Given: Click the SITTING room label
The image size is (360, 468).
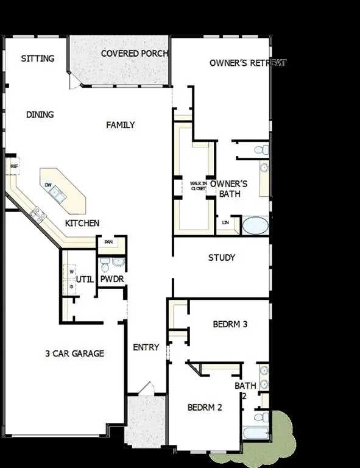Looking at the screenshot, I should [x=38, y=58].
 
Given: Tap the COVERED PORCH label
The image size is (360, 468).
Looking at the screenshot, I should [x=134, y=53].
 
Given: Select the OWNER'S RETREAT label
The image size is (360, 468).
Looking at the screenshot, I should [x=248, y=63].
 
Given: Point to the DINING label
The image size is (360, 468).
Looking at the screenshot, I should [x=40, y=114].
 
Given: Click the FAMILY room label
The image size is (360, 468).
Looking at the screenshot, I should [x=121, y=125].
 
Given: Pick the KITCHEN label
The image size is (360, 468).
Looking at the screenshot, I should [x=82, y=223].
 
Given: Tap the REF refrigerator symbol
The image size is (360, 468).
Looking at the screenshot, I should [x=14, y=166].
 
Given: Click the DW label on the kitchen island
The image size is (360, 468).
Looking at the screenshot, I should [x=48, y=184].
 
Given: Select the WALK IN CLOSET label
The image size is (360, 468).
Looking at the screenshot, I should [x=199, y=186].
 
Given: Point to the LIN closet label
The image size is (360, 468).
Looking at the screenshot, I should [x=226, y=222].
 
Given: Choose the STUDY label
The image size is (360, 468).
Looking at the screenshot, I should [x=222, y=258].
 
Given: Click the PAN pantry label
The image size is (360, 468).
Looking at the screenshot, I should [x=108, y=242].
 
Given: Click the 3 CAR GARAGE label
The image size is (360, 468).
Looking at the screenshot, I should [x=74, y=353].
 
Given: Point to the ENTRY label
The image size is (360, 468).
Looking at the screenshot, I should [x=146, y=347].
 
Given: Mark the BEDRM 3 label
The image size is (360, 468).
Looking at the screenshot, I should [x=230, y=324].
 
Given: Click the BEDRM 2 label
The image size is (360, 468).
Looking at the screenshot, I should [x=205, y=408].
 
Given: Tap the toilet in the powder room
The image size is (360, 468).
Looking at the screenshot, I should [x=105, y=264].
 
